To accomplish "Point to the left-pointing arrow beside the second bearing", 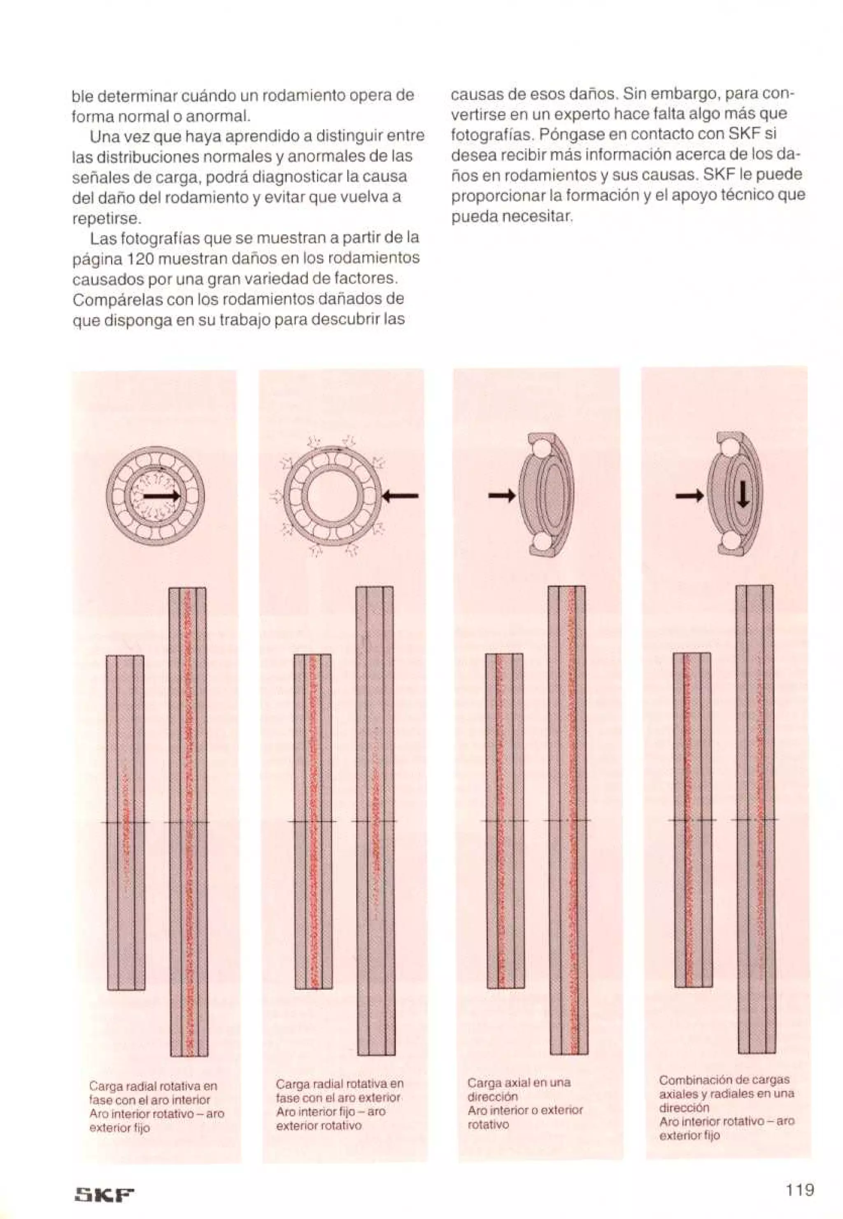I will (401, 496).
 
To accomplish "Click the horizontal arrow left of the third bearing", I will (501, 496).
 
